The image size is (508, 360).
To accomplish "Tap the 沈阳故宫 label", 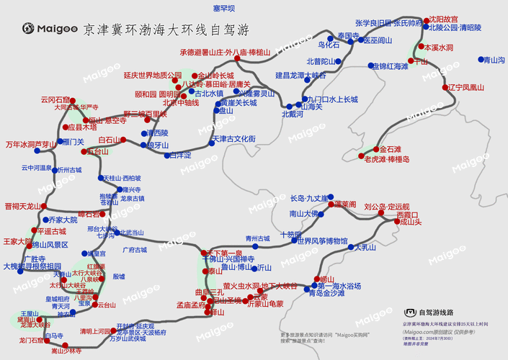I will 442,19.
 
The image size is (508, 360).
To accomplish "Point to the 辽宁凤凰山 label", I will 465,87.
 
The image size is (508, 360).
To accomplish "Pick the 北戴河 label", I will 293,114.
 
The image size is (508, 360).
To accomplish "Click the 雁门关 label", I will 74,143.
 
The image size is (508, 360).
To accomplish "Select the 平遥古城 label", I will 51,232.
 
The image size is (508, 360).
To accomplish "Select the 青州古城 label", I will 257,238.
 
